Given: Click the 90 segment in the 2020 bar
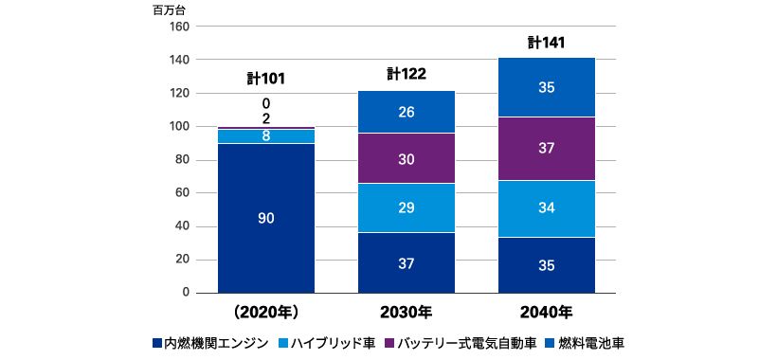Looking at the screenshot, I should click(266, 218).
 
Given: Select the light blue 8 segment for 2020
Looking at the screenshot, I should click(266, 135).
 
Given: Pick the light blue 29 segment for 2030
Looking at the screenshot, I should click(407, 207).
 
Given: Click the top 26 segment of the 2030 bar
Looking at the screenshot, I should click(407, 112).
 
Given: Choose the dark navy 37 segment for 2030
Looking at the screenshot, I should click(407, 263).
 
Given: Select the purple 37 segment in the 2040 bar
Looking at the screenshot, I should click(547, 149).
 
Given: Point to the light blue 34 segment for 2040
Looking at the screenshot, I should click(547, 207).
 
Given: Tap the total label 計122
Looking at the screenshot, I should click(407, 73).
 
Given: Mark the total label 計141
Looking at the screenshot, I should click(547, 42).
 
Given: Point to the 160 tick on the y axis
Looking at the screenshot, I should click(179, 27).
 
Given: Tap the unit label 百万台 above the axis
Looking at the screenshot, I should click(170, 10).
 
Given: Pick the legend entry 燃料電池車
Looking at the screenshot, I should click(591, 342).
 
